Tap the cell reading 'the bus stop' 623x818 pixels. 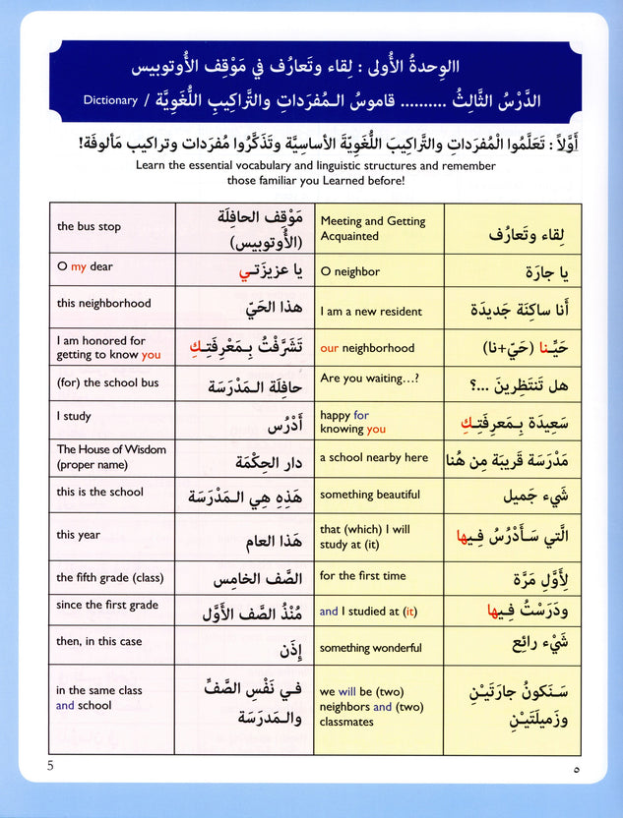(x=90, y=227)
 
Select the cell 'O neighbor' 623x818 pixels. (x=350, y=271)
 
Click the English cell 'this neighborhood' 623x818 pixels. (x=104, y=304)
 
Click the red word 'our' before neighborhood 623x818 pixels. (x=330, y=348)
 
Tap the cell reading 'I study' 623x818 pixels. (x=74, y=417)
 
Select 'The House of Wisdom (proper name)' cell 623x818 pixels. (x=111, y=456)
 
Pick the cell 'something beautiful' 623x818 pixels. (x=370, y=495)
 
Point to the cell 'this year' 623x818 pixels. (x=79, y=535)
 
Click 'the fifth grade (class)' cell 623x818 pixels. (x=110, y=578)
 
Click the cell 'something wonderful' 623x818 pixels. (x=371, y=648)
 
